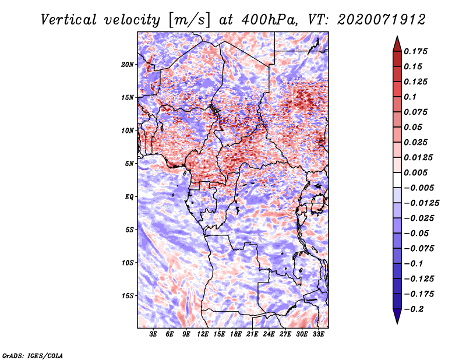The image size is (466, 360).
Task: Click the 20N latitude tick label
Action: [x=128, y=65]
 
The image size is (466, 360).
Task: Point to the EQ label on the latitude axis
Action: [x=129, y=197]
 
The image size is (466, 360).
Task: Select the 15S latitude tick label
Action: [x=128, y=296]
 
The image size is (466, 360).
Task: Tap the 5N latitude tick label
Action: [x=129, y=164]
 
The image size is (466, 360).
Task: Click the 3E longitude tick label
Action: [x=153, y=334]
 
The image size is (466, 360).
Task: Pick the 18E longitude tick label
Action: [x=236, y=334]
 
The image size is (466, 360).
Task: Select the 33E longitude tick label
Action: [x=318, y=334]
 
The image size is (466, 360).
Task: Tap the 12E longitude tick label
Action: [x=203, y=334]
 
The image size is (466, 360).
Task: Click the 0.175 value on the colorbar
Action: [x=415, y=51]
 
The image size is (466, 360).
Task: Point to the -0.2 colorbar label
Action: [x=414, y=309]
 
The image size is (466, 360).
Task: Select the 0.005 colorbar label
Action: [x=415, y=172]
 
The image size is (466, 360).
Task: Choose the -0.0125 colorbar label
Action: [x=421, y=203]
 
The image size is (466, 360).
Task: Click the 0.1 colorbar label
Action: [x=410, y=97]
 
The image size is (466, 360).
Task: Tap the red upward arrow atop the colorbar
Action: [x=397, y=44]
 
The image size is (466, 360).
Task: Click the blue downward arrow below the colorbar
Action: [x=397, y=316]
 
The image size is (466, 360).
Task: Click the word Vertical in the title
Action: [x=69, y=20]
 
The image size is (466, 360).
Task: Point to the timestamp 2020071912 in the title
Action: [x=382, y=20]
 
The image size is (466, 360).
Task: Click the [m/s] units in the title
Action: [x=189, y=20]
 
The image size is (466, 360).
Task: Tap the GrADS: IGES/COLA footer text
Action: [x=33, y=355]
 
